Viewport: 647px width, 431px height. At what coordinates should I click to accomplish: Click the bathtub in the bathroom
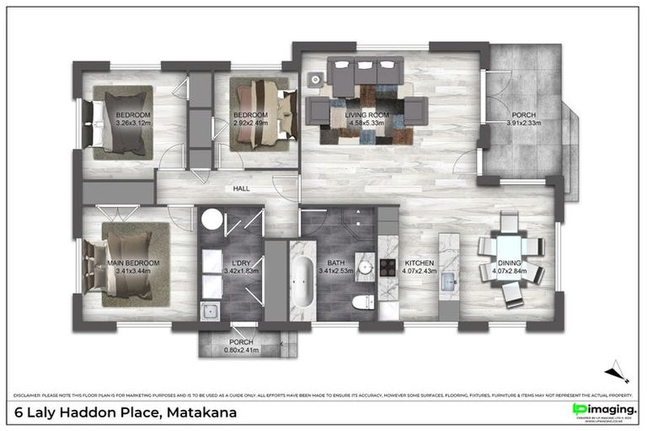coord(301,280)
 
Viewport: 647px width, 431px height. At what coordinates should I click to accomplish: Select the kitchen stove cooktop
coord(388,268)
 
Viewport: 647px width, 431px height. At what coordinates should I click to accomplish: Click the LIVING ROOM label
coord(365,114)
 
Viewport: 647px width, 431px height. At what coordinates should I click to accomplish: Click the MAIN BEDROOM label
coord(137,263)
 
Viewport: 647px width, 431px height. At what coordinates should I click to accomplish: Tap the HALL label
coord(241,189)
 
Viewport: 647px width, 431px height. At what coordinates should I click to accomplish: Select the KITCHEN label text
coord(419,263)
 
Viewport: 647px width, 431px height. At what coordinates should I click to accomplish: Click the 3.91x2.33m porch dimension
coord(523,123)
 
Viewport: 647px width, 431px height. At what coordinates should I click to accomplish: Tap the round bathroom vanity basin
coord(365,266)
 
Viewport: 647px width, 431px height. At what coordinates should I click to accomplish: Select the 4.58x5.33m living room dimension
coord(365,123)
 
